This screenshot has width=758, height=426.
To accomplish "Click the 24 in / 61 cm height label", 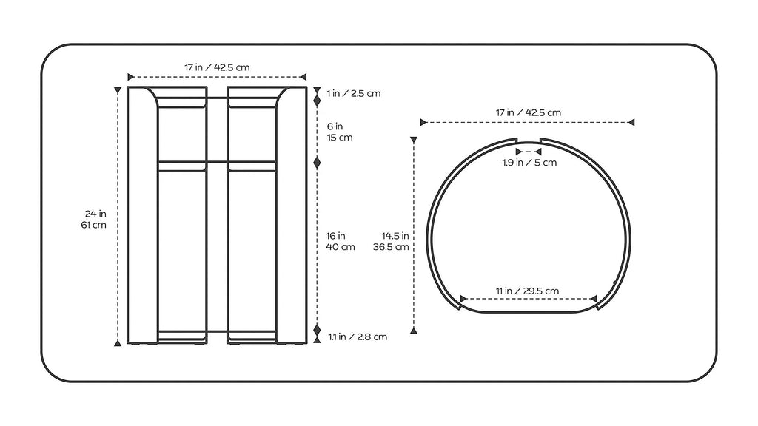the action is (94, 219).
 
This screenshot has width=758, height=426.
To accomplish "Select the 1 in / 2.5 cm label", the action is (353, 93).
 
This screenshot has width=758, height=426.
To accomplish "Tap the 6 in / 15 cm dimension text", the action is (340, 132).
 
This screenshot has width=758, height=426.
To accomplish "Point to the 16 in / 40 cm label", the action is (341, 241).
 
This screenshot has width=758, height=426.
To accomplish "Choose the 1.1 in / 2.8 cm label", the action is (358, 337).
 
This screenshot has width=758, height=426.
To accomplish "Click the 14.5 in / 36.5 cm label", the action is (391, 242).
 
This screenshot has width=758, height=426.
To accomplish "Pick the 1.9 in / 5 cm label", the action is (529, 163).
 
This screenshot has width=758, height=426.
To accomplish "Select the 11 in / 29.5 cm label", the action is (527, 291).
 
